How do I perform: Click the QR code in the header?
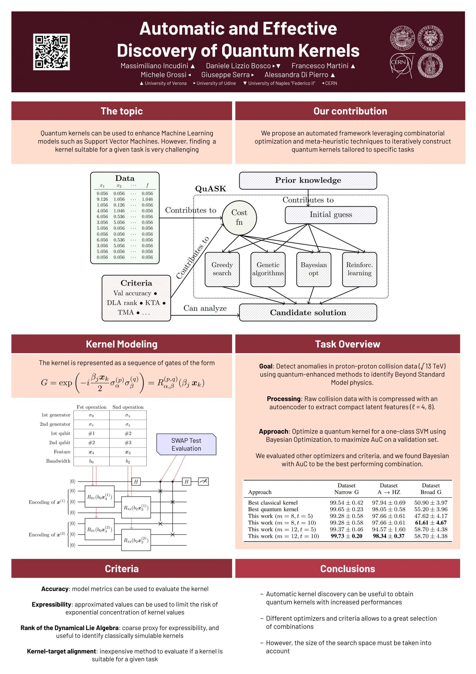(51, 52)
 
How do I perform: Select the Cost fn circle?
(239, 217)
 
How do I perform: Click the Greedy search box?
(222, 269)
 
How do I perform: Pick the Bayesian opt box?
(313, 269)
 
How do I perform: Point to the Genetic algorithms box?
(268, 269)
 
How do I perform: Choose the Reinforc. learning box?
(359, 269)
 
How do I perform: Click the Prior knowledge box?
(308, 180)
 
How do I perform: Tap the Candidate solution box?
(308, 312)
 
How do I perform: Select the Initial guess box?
(330, 215)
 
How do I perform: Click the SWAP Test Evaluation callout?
(186, 444)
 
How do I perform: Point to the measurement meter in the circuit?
(203, 482)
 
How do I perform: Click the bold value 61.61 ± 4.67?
(430, 523)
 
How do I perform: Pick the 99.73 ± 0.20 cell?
(346, 536)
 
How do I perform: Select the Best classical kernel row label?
(273, 503)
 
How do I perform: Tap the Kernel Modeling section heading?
(122, 344)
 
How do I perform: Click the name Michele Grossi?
(163, 75)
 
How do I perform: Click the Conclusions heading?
(348, 569)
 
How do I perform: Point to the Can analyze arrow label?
(205, 308)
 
